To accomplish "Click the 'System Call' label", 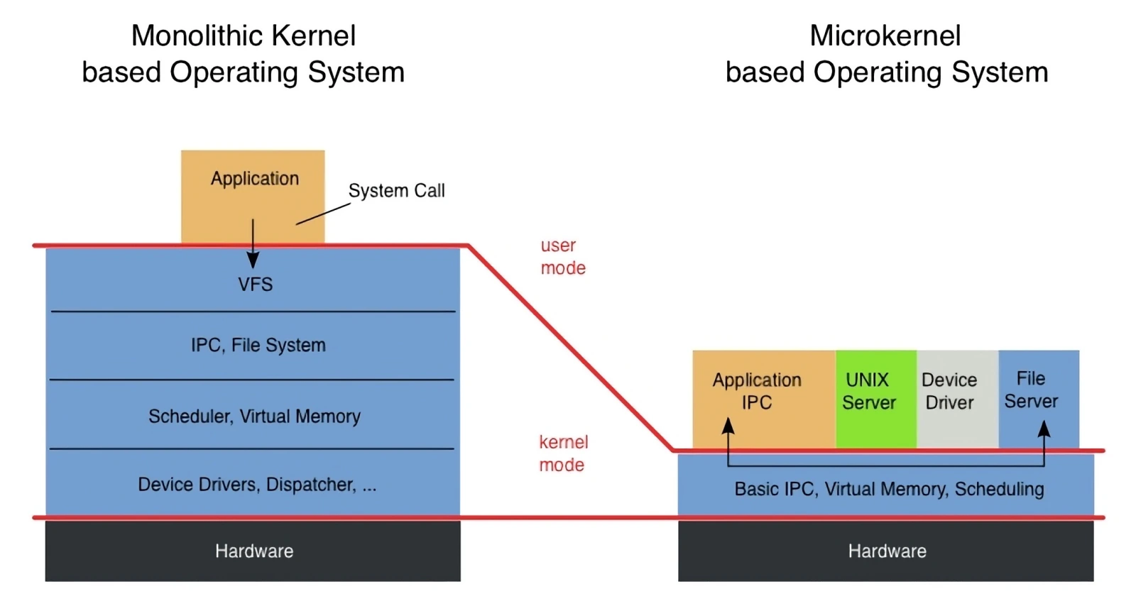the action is [x=397, y=190].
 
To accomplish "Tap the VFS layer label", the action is [x=256, y=285].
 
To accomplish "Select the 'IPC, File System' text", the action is [x=258, y=346].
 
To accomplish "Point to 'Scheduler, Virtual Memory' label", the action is [x=255, y=417].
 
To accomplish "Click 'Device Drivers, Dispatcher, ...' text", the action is [x=257, y=485].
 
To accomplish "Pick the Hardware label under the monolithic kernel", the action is [x=254, y=551].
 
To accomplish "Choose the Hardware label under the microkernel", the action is [x=887, y=551].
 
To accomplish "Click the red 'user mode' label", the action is [x=563, y=256].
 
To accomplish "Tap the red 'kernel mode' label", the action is [x=563, y=453].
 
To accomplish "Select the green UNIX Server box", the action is [x=876, y=400].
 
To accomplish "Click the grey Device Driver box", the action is [x=958, y=400].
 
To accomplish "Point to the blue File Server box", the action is [x=1039, y=400].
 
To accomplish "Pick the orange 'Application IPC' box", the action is [x=764, y=400].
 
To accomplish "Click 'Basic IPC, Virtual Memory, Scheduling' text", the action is [x=889, y=490].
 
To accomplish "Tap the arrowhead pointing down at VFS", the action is [x=253, y=260].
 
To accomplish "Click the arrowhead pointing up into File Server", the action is [x=1044, y=429].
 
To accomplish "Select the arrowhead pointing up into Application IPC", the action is [x=728, y=426].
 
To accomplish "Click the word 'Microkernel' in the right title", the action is [x=885, y=35].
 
